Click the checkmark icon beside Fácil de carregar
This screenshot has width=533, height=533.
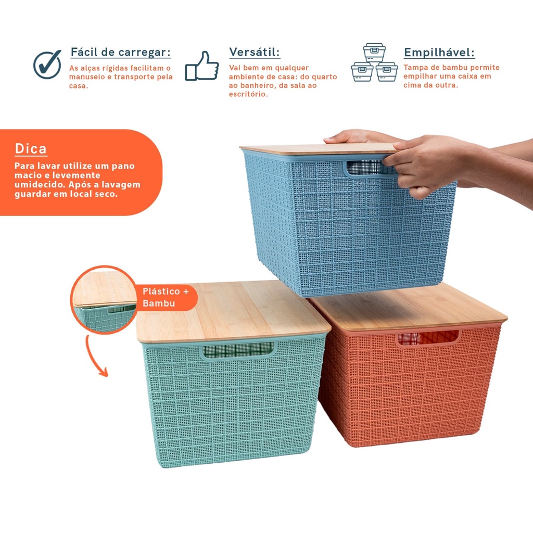47,65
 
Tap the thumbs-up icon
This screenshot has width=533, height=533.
202,66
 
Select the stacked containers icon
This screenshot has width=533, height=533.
374,62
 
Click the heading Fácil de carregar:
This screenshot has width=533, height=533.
121,53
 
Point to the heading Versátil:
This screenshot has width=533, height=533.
254,53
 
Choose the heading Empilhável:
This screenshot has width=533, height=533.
439,53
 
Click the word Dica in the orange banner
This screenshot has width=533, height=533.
31,149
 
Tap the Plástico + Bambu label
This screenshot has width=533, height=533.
166,297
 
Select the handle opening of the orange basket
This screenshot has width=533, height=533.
428,338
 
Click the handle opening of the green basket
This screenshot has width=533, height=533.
238,350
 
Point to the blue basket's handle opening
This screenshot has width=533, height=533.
364,167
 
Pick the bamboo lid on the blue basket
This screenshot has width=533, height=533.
320,148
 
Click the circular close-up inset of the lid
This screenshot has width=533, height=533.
104,300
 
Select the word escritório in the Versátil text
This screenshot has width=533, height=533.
248,94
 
